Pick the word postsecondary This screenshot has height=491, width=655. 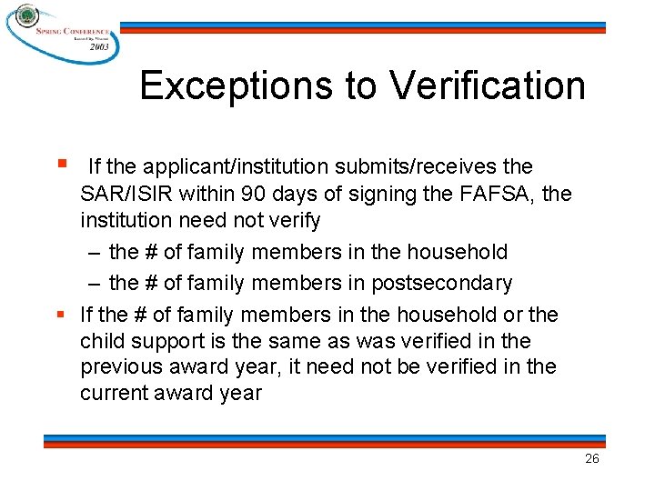441,283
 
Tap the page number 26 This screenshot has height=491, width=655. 591,459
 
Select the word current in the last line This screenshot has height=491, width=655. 113,394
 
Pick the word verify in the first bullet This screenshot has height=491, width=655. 296,220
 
